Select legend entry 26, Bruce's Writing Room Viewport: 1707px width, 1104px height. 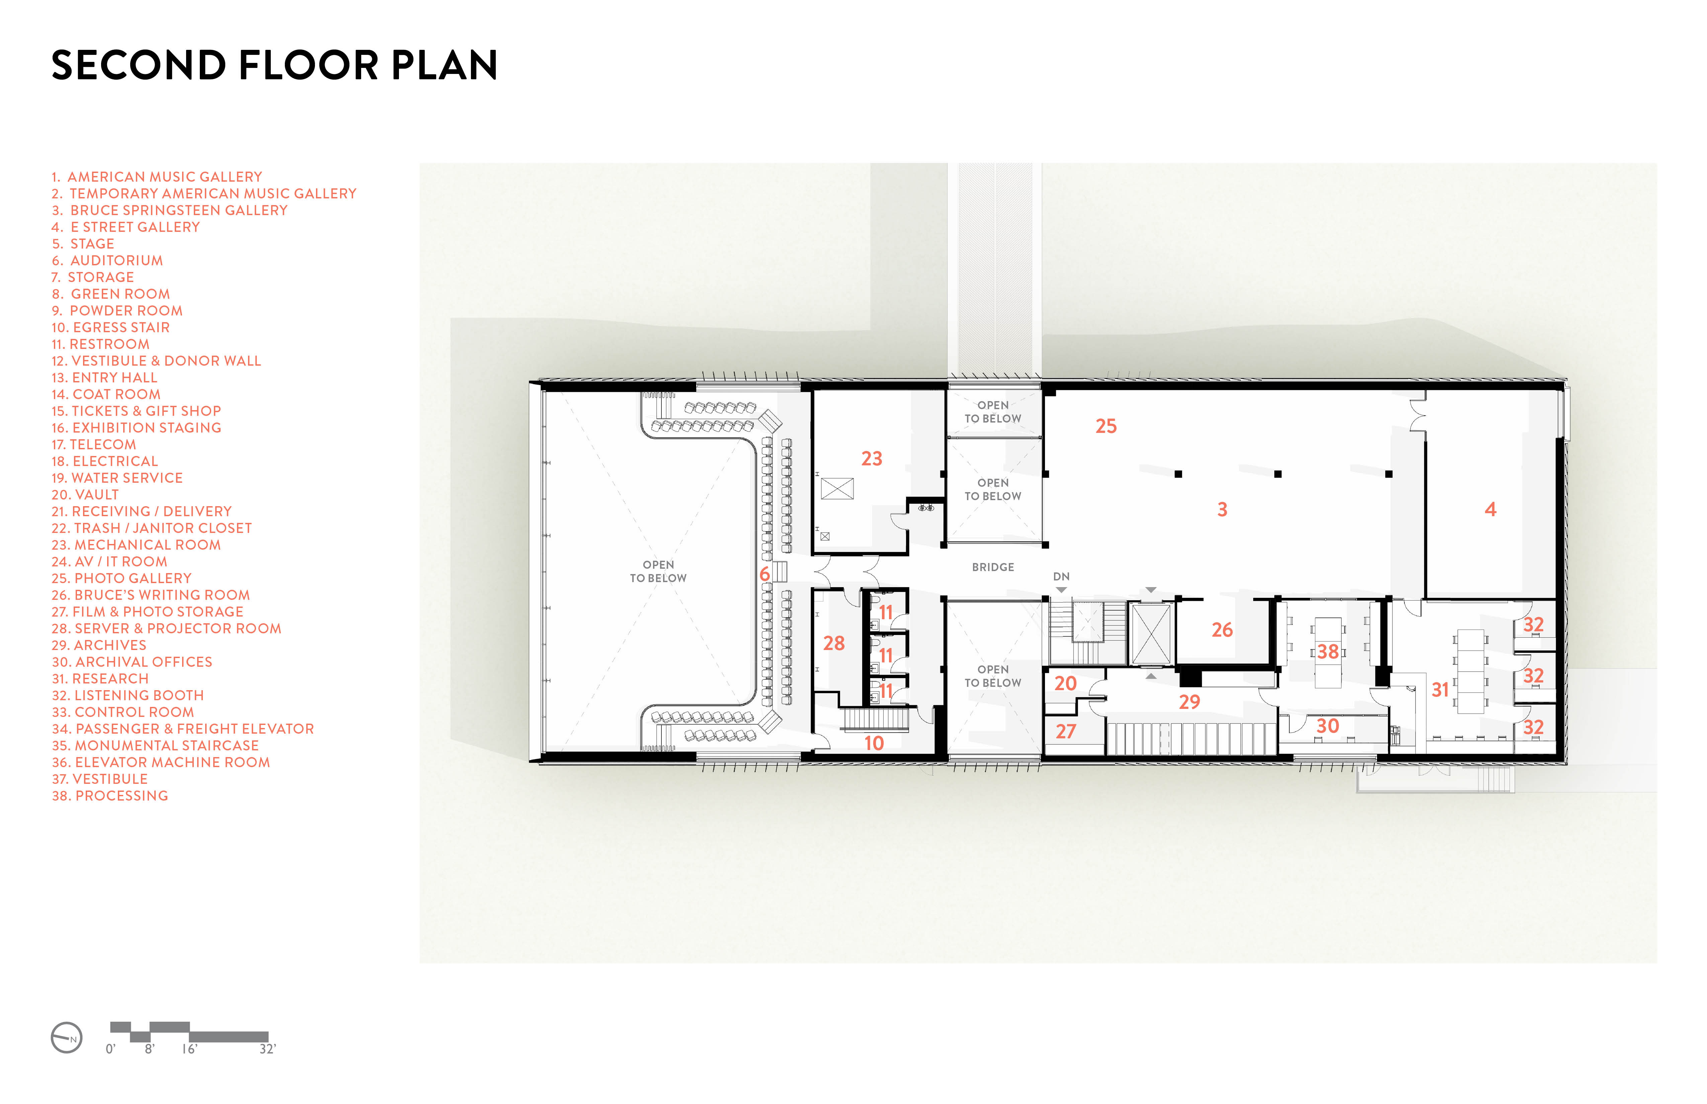151,595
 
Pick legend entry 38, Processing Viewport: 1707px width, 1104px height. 110,796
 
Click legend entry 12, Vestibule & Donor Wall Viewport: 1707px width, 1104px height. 156,361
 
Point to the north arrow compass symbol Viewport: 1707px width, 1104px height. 67,1037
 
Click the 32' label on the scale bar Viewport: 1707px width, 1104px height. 267,1049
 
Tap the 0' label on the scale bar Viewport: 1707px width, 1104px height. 110,1049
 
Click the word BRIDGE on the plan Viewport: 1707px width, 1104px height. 993,567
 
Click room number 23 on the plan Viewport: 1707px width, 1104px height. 872,459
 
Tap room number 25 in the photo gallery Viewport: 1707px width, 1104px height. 1106,427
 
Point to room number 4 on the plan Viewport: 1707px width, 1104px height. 1490,510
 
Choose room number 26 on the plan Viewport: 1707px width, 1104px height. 1222,630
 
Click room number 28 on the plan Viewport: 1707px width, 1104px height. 833,643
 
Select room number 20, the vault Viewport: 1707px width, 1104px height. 1065,683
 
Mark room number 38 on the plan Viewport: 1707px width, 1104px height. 1327,652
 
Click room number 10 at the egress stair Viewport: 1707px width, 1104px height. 874,743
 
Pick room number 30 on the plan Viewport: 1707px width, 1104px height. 1327,726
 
